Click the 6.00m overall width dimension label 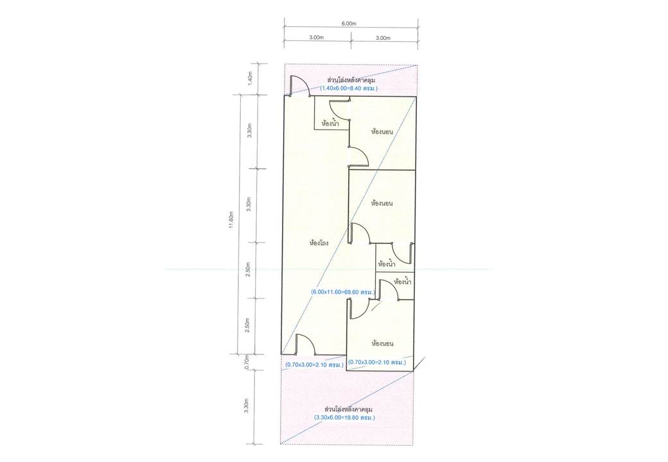point(349,24)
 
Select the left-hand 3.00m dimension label point(317,37)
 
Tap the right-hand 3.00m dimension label point(383,37)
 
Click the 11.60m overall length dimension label point(231,220)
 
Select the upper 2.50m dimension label point(249,269)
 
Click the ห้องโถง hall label point(319,244)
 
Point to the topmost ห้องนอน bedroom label point(382,132)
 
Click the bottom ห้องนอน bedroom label point(383,343)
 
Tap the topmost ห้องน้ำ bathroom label point(331,124)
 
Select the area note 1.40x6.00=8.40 point(349,89)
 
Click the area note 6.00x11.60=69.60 point(343,293)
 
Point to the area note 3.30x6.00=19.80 point(344,418)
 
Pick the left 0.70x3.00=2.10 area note point(315,365)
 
